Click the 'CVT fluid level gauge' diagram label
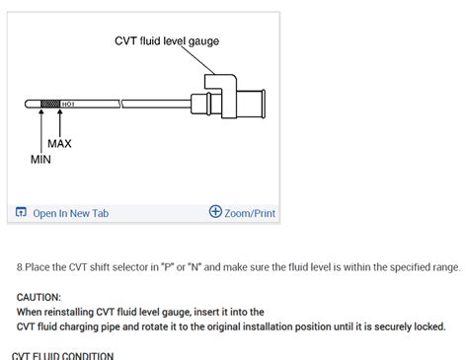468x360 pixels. click(x=167, y=41)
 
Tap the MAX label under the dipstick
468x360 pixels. click(x=59, y=144)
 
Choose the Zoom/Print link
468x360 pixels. click(x=250, y=212)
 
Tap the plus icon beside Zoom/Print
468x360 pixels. click(x=215, y=212)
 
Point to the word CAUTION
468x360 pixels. click(x=39, y=297)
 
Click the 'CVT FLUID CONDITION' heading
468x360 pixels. click(x=62, y=355)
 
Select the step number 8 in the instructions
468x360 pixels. click(x=20, y=267)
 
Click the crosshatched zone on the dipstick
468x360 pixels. click(x=50, y=103)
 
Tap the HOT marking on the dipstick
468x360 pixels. click(x=68, y=103)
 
